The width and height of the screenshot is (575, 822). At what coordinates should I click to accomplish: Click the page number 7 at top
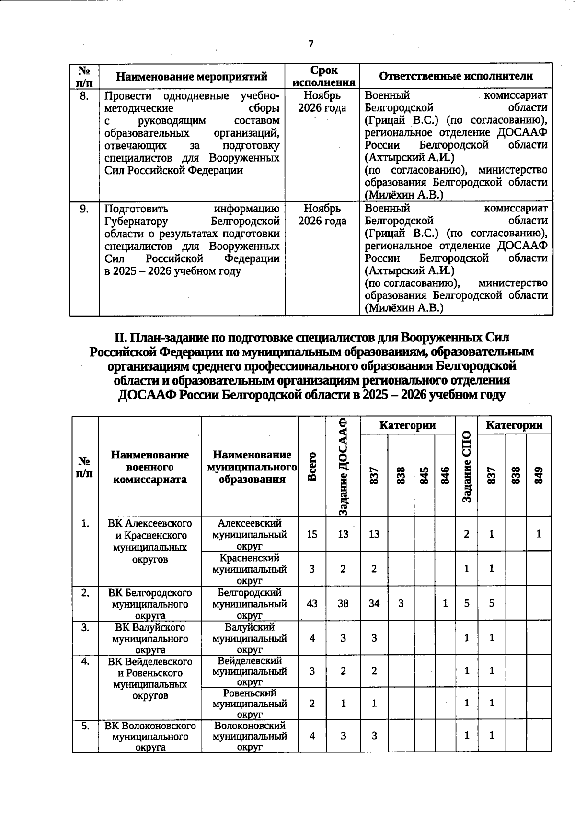311,44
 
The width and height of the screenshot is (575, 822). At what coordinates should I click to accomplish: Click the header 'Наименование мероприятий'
192,76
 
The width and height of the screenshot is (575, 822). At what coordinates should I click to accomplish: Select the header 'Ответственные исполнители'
456,76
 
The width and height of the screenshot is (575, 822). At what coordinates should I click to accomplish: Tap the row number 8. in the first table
84,96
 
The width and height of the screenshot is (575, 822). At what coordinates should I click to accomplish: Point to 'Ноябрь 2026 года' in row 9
322,214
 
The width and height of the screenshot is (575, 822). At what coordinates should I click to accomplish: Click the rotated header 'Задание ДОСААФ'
343,466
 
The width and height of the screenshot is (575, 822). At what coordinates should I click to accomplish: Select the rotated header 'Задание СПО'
467,466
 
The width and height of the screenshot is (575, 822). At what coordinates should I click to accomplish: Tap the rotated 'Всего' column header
312,467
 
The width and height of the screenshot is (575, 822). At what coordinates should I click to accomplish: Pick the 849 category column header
539,475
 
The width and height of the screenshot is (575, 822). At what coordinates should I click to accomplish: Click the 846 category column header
445,475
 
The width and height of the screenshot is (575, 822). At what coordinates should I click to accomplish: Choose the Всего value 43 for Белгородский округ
312,603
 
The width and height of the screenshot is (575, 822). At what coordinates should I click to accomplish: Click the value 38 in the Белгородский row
343,603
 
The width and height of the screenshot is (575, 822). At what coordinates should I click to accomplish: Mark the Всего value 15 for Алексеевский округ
312,534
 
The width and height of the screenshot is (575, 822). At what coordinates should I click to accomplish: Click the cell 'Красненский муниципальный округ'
249,569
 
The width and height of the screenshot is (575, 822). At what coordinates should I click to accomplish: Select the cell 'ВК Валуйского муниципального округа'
149,638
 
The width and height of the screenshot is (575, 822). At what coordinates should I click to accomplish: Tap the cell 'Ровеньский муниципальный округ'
249,704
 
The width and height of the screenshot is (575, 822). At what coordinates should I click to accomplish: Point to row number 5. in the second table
85,726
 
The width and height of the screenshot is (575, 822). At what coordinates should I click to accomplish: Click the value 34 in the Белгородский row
374,603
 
